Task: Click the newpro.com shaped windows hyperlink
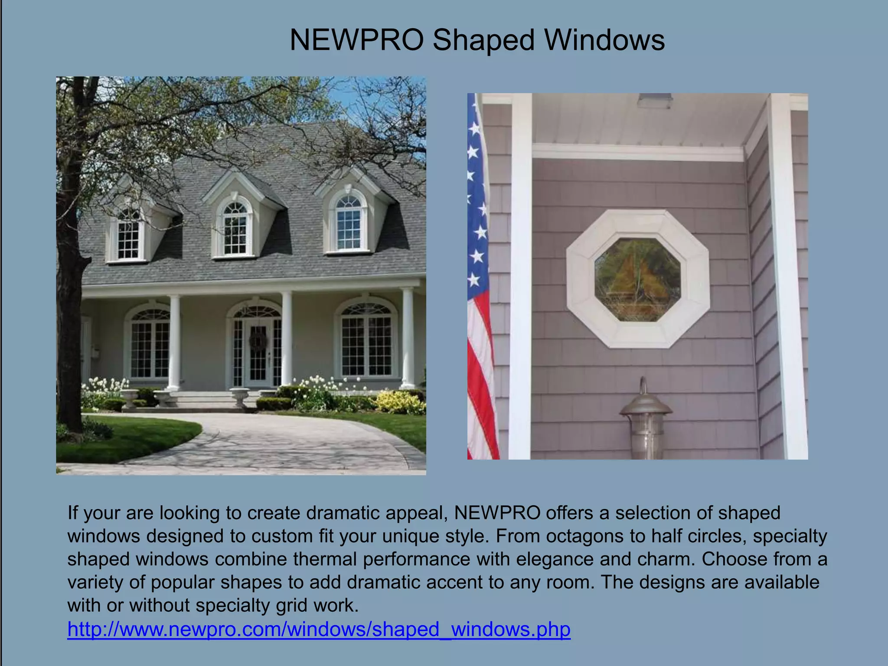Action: pyautogui.click(x=319, y=629)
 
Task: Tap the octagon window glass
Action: pyautogui.click(x=637, y=280)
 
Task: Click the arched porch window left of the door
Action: pyautogui.click(x=150, y=345)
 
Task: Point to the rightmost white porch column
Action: pyautogui.click(x=408, y=338)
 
